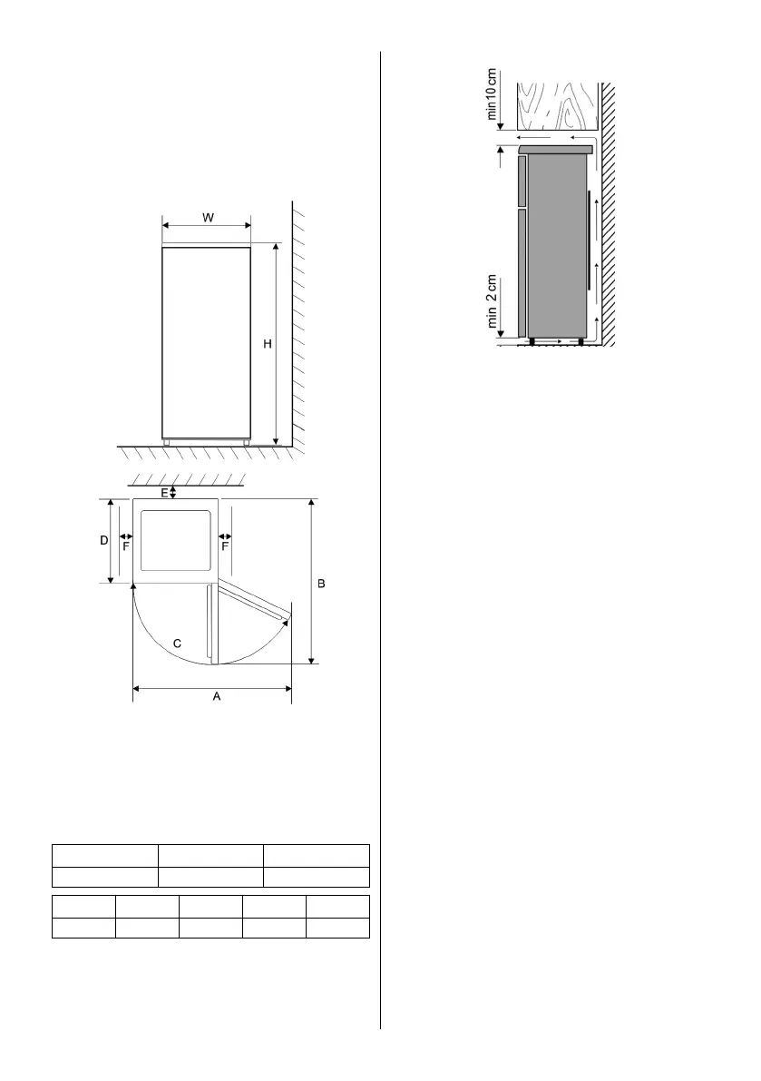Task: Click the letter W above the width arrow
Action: click(x=208, y=218)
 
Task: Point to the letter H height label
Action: click(x=268, y=343)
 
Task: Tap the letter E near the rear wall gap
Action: click(x=164, y=493)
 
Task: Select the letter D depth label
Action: click(x=104, y=541)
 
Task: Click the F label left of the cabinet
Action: click(x=126, y=546)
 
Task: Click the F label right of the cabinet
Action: click(x=225, y=546)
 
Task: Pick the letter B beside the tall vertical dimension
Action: click(x=321, y=584)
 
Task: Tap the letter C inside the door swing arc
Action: click(x=177, y=644)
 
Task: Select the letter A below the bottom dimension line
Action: click(x=216, y=696)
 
